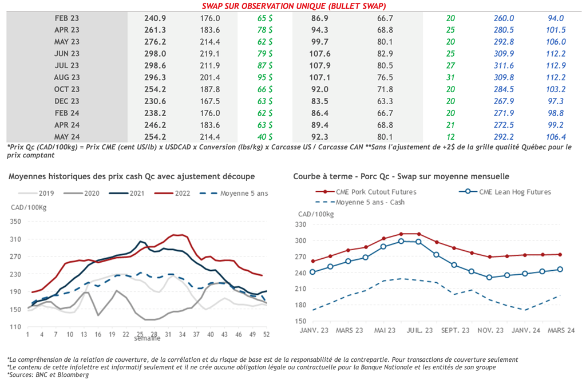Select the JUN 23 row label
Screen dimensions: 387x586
click(67, 54)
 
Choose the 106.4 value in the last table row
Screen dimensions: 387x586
click(556, 137)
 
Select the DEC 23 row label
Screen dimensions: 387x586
click(67, 101)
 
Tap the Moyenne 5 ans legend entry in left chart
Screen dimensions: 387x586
click(235, 193)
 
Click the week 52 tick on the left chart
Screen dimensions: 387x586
click(266, 334)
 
